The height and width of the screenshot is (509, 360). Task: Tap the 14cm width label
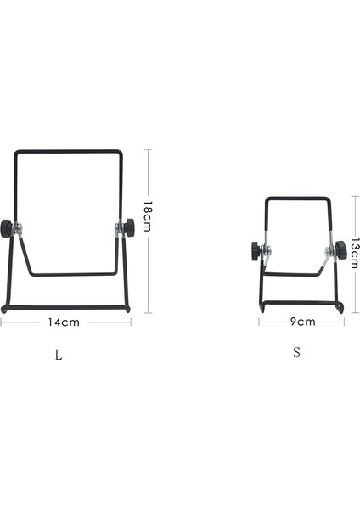[x=64, y=322]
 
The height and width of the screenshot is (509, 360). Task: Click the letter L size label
[x=58, y=355]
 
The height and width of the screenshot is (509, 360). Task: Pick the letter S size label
[x=296, y=352]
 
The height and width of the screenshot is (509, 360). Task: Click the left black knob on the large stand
[x=6, y=227]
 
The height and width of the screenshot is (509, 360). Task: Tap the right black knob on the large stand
[x=129, y=227]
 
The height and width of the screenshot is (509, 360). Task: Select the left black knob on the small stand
[x=255, y=251]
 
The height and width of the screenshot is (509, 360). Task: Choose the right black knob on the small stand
[x=340, y=249]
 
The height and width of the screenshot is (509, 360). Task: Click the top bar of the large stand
[x=70, y=153]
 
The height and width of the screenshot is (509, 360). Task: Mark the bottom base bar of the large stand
[x=66, y=308]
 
